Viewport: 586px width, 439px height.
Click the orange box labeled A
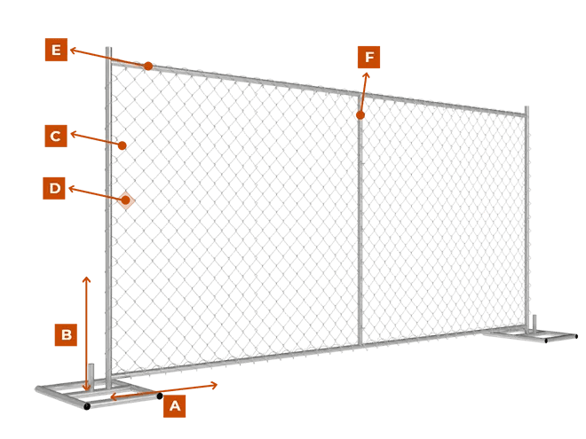pyautogui.click(x=174, y=406)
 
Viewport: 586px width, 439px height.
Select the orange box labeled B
pyautogui.click(x=65, y=335)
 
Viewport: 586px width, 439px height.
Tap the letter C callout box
pyautogui.click(x=55, y=136)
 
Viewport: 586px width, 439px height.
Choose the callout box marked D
pyautogui.click(x=54, y=188)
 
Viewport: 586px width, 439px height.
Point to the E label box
pyautogui.click(x=56, y=51)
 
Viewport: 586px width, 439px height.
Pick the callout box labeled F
pyautogui.click(x=369, y=59)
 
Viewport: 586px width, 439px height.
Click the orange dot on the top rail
pyautogui.click(x=148, y=67)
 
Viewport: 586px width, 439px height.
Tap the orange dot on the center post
pyautogui.click(x=360, y=116)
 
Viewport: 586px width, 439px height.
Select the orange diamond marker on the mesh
pyautogui.click(x=126, y=200)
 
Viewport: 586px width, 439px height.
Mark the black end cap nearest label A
pyautogui.click(x=160, y=396)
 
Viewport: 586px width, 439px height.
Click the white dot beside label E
pyautogui.click(x=74, y=51)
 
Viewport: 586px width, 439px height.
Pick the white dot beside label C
pyautogui.click(x=73, y=135)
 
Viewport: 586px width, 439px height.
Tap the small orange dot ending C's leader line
pyautogui.click(x=125, y=145)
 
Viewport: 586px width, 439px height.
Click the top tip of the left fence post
pyautogui.click(x=108, y=48)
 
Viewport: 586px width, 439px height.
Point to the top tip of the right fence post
pyautogui.click(x=527, y=108)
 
